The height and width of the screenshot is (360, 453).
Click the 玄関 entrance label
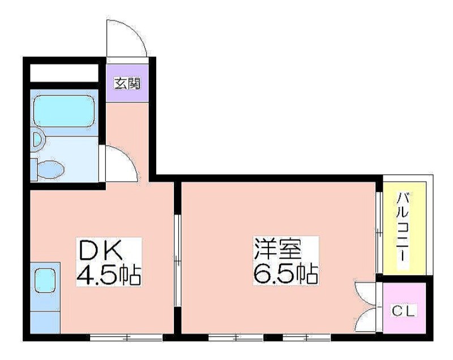(x=127, y=84)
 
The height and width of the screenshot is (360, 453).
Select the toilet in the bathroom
(x=49, y=168)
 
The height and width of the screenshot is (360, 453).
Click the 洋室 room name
(x=277, y=250)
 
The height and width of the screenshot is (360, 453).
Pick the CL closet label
(x=404, y=311)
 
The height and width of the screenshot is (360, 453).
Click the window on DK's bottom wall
(x=126, y=338)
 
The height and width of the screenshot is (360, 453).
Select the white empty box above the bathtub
(x=63, y=73)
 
